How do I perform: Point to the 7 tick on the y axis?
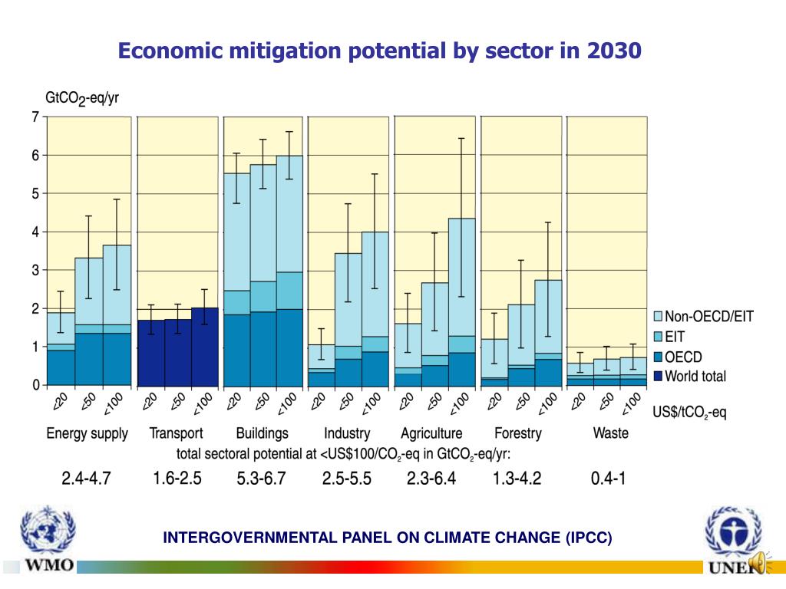click(x=35, y=117)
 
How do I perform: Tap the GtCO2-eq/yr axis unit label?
click(x=82, y=98)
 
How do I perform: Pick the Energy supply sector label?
click(x=88, y=433)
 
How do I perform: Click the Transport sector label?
click(x=176, y=433)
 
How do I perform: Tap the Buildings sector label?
click(x=263, y=433)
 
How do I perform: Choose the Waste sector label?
click(x=610, y=433)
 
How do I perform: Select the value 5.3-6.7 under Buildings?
click(x=262, y=479)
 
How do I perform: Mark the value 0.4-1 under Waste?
click(x=609, y=479)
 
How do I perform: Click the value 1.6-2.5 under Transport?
click(x=177, y=479)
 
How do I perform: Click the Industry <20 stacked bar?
click(x=321, y=365)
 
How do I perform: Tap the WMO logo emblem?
click(x=48, y=532)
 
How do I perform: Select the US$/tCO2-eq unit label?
click(x=689, y=413)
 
